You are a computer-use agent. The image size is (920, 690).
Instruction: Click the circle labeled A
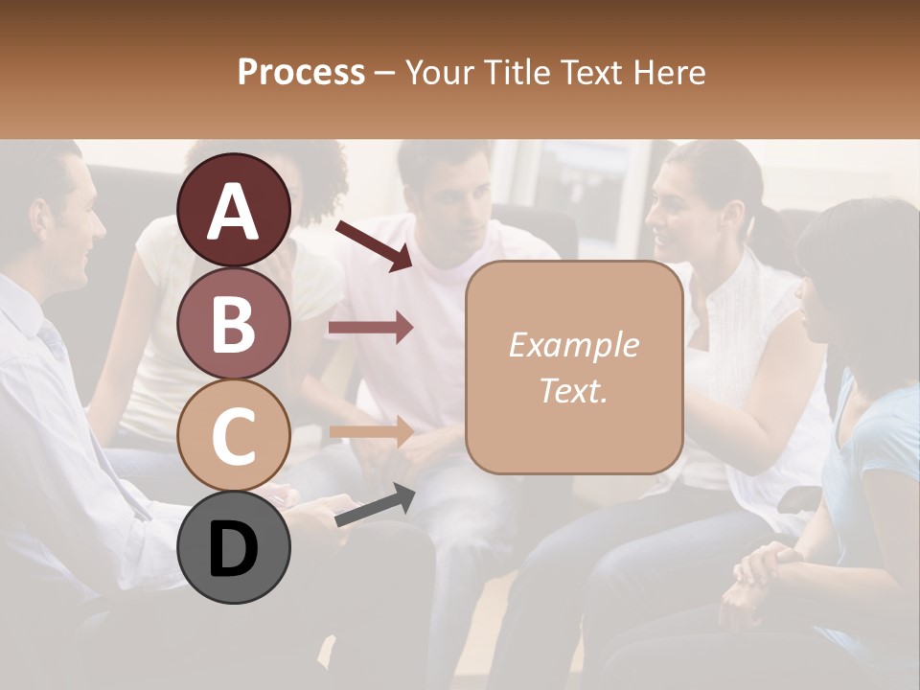234,210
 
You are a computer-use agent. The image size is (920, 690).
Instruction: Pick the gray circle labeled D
234,547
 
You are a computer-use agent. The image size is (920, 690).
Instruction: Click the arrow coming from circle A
373,245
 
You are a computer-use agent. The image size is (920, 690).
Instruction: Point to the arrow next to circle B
371,329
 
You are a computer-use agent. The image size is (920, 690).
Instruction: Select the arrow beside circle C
371,431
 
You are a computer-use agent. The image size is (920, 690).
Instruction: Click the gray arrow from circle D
375,505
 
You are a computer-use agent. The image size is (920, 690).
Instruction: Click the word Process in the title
301,72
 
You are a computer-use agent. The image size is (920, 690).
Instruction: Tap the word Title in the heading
517,72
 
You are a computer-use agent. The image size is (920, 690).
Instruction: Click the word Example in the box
573,346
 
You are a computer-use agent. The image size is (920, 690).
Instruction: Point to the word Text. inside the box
573,390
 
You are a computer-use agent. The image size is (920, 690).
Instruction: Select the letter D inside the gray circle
234,549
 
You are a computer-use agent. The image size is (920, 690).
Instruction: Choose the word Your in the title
441,72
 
